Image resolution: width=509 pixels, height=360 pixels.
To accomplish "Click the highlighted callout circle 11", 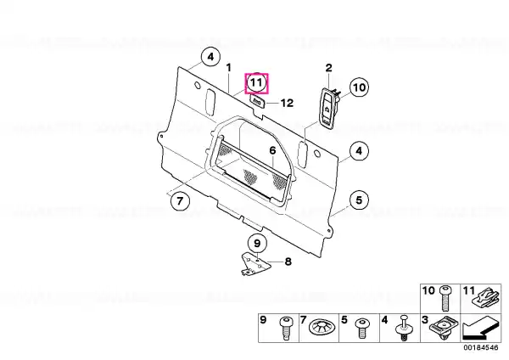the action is pyautogui.click(x=256, y=82).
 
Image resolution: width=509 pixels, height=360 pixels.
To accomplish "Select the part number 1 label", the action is pyautogui.click(x=229, y=68).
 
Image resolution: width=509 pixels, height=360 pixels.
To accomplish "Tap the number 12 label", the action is pyautogui.click(x=287, y=103).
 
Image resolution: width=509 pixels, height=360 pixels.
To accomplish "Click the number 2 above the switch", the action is pyautogui.click(x=329, y=68).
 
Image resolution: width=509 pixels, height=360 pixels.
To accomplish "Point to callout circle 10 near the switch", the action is pyautogui.click(x=359, y=87).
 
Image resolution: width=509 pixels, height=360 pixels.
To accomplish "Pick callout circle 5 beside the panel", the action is pyautogui.click(x=359, y=200).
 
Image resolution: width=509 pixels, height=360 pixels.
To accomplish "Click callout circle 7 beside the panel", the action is pyautogui.click(x=180, y=200).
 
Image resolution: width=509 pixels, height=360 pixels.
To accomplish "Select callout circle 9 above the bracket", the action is pyautogui.click(x=257, y=243).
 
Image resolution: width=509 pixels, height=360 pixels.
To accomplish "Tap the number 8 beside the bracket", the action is pyautogui.click(x=288, y=262).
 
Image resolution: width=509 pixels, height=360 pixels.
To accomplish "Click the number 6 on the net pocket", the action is pyautogui.click(x=272, y=150).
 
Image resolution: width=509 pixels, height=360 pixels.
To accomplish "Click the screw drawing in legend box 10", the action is pyautogui.click(x=445, y=298).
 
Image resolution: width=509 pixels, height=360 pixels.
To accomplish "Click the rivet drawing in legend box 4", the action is pyautogui.click(x=404, y=328).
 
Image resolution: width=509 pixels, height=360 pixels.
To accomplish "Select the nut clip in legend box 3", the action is pyautogui.click(x=444, y=328).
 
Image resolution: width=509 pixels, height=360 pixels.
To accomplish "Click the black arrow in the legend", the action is pyautogui.click(x=481, y=329).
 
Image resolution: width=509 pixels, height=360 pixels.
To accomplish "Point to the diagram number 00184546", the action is pyautogui.click(x=480, y=347).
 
